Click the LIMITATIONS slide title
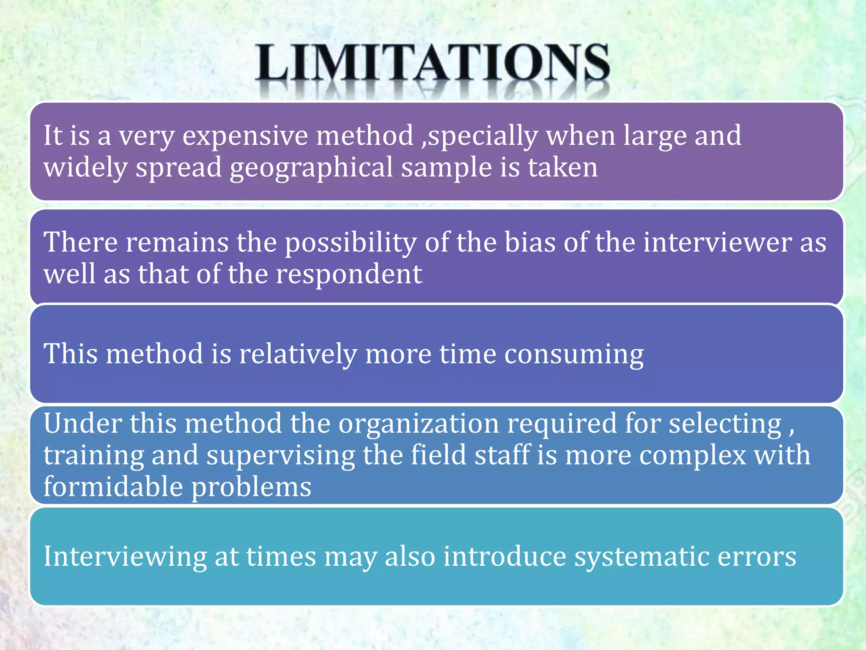[432, 63]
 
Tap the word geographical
[311, 168]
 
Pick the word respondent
[349, 274]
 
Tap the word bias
[530, 242]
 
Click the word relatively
[298, 354]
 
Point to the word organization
[419, 424]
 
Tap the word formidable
[113, 487]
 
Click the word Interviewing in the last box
[125, 557]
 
